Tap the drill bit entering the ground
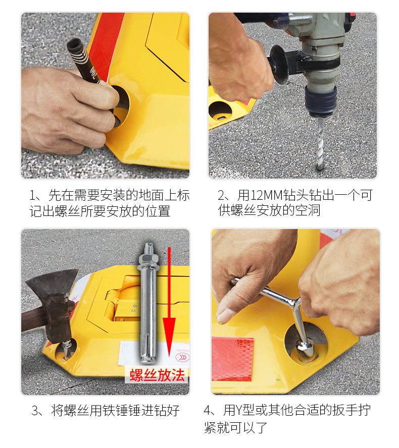pyautogui.click(x=320, y=144)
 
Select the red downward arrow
pyautogui.click(x=169, y=302)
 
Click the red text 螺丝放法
pyautogui.click(x=157, y=375)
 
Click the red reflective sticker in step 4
pyautogui.click(x=232, y=359)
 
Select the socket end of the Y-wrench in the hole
pyautogui.click(x=307, y=350)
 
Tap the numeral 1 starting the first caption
pyautogui.click(x=33, y=195)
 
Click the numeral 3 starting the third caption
pyautogui.click(x=35, y=411)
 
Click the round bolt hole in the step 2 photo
pyautogui.click(x=220, y=111)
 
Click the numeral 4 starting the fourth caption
pyautogui.click(x=208, y=411)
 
